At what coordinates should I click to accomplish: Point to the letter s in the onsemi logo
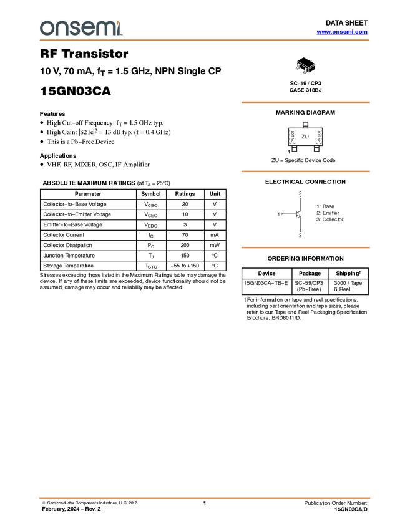74,28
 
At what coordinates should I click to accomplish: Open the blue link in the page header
341,32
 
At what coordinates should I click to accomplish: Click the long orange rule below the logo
205,40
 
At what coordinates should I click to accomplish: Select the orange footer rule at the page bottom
205,498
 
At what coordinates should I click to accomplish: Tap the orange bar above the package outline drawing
305,102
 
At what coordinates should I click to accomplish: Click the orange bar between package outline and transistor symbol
305,171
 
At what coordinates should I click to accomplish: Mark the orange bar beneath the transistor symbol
305,248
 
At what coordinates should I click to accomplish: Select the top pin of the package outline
305,123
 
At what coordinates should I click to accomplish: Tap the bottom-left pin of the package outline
295,150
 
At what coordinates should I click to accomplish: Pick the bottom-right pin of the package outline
316,150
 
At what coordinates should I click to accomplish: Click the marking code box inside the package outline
305,136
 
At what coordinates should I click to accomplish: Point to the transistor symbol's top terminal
300,192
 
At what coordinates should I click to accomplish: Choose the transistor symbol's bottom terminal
300,235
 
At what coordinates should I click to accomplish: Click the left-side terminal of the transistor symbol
280,214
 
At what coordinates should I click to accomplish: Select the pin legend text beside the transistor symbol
329,213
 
